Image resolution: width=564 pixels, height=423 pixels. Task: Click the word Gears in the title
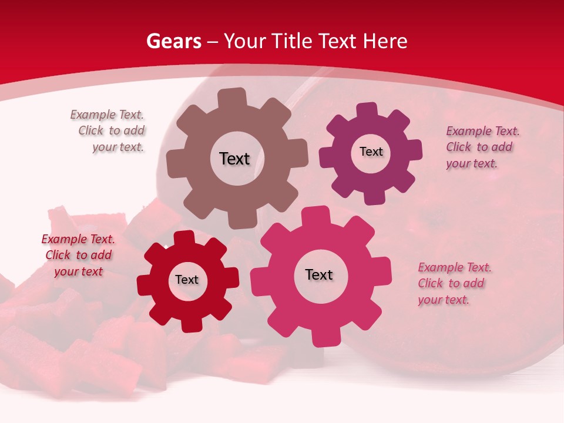click(x=173, y=41)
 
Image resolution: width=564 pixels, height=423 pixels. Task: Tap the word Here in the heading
click(x=385, y=41)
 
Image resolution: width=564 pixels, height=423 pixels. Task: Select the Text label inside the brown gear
click(x=234, y=159)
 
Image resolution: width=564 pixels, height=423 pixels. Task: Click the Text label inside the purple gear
click(x=371, y=152)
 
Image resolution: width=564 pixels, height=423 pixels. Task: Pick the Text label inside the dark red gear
click(x=187, y=280)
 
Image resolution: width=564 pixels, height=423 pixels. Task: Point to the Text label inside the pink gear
click(x=319, y=274)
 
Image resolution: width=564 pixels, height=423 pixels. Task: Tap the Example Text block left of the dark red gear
click(x=78, y=255)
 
